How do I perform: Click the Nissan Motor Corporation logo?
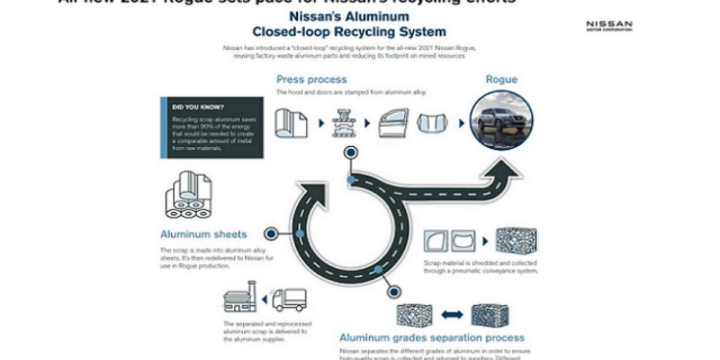(609, 25)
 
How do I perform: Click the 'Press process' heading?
(311, 79)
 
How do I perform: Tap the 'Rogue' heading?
(501, 79)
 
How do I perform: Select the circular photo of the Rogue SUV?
(501, 120)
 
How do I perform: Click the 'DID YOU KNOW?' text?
(190, 107)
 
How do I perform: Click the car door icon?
(394, 123)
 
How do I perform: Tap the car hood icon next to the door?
(434, 124)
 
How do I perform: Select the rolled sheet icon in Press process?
(291, 123)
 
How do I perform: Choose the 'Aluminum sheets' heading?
(203, 234)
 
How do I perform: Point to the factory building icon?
(240, 298)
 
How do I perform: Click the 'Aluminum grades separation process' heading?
(432, 338)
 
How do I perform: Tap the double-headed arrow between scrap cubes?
(452, 314)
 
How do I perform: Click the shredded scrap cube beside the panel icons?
(516, 240)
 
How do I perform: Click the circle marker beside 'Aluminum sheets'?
(271, 233)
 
